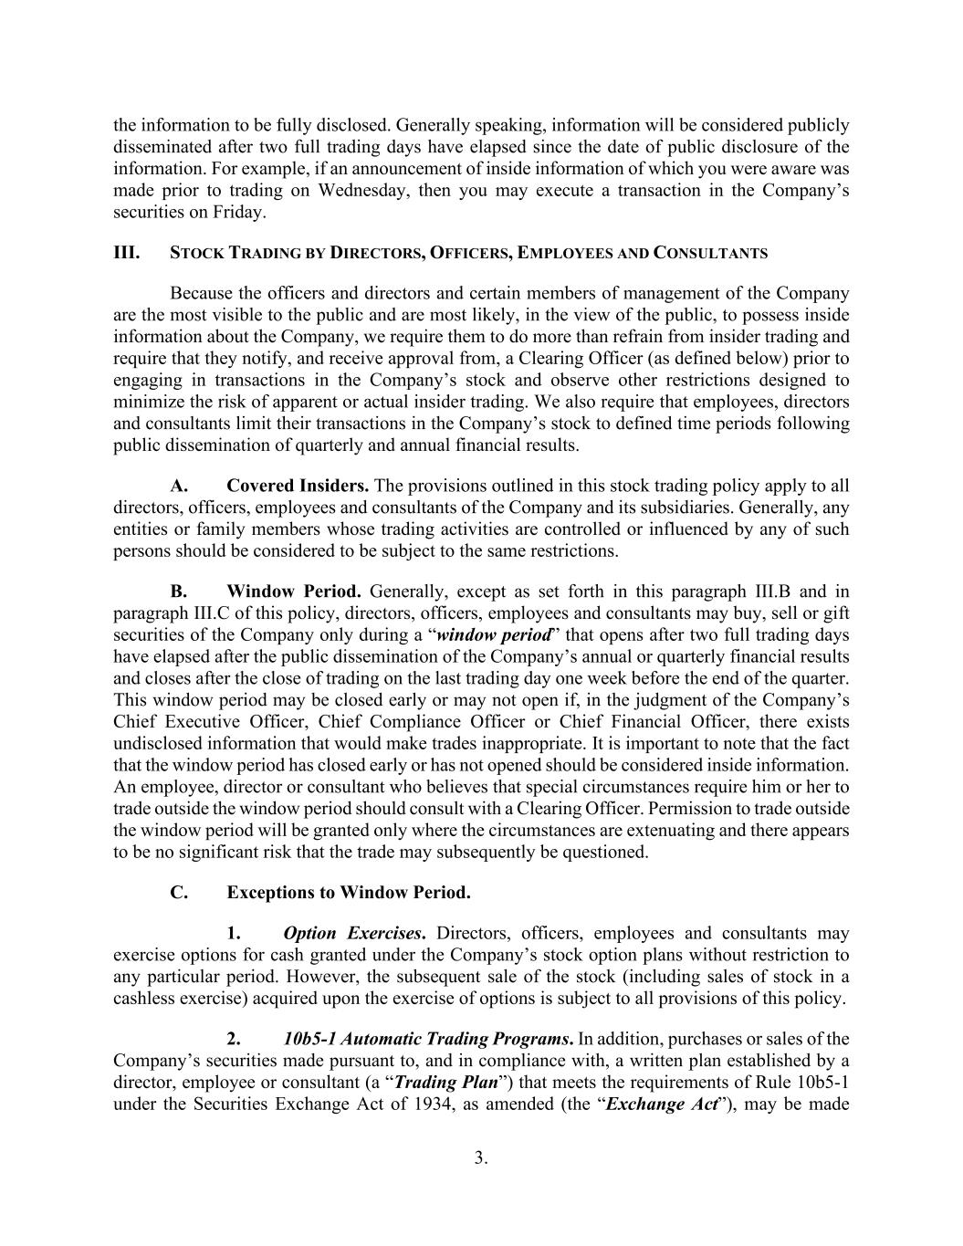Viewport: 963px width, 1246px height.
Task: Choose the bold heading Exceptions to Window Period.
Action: (x=349, y=893)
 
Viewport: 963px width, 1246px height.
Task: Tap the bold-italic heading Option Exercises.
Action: (x=354, y=933)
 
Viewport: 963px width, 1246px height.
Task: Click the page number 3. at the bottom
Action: (x=481, y=1158)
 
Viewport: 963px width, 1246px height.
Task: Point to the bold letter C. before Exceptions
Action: (x=180, y=893)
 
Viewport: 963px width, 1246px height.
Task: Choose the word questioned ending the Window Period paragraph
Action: (x=604, y=853)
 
